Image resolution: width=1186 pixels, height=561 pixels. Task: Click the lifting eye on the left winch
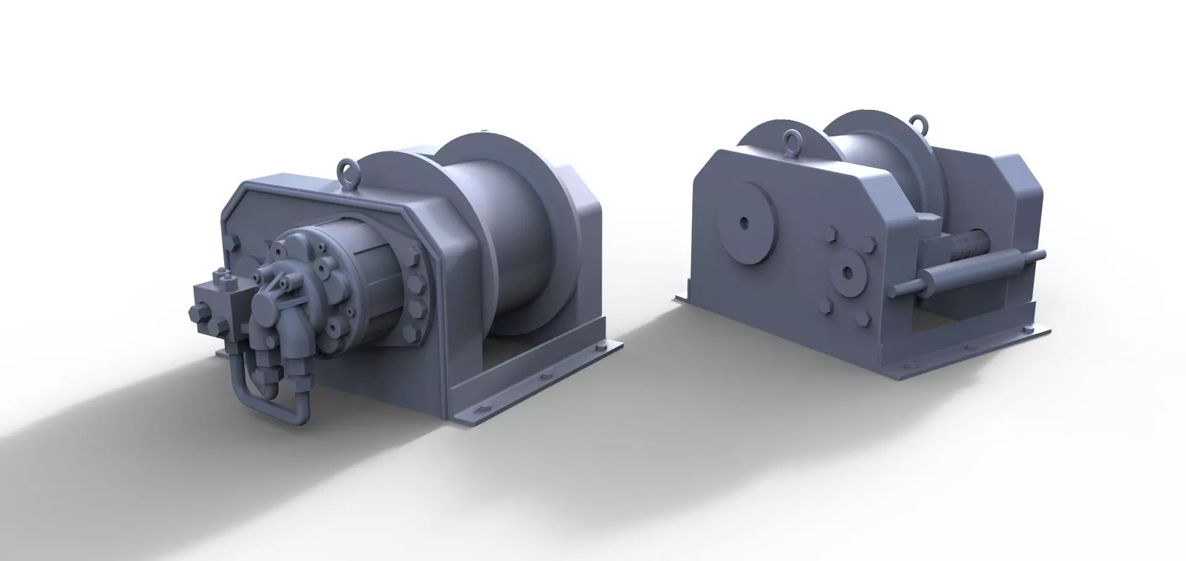[346, 169]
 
